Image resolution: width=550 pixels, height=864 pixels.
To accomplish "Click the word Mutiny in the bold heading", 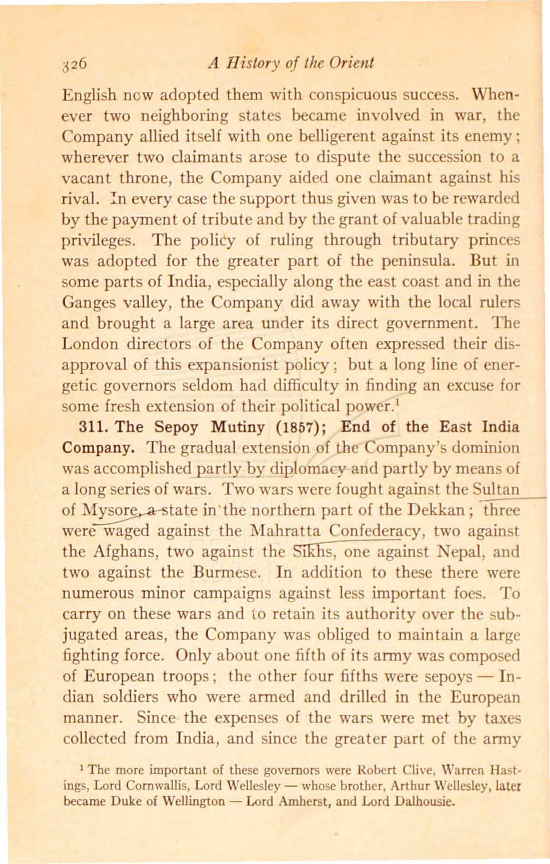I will tap(239, 427).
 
